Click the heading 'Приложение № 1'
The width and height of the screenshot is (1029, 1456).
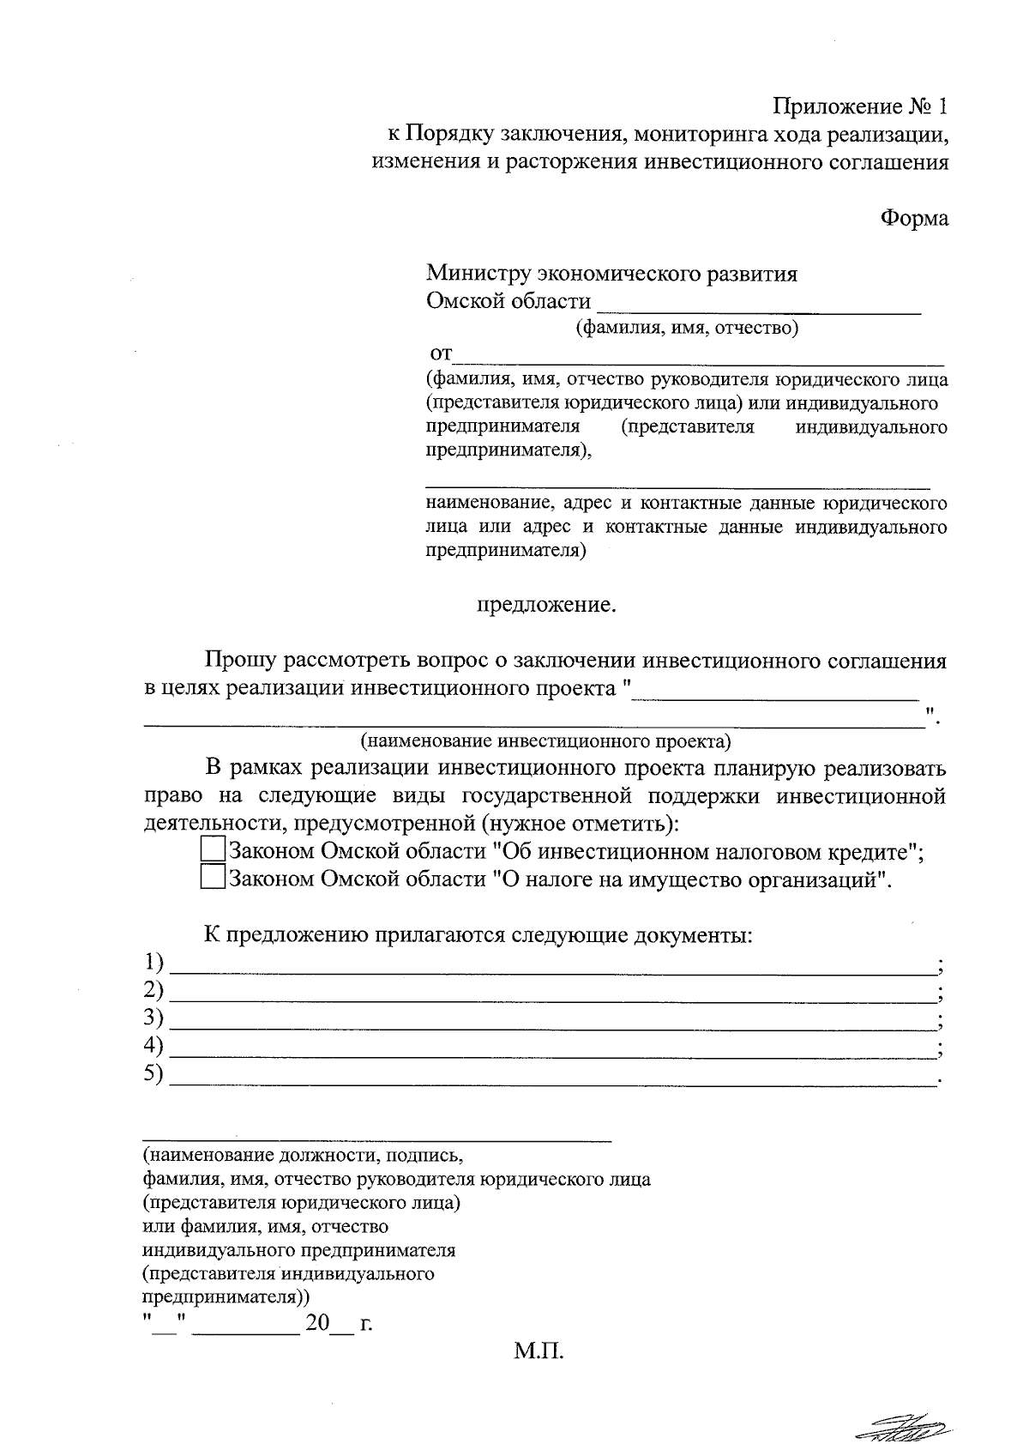[861, 107]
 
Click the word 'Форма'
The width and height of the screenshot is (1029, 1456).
[915, 218]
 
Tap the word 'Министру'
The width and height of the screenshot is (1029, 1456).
[478, 274]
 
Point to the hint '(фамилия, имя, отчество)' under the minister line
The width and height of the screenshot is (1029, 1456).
[686, 328]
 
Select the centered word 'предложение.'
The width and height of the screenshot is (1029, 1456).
[546, 605]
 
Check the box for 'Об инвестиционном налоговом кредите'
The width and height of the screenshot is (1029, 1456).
[212, 850]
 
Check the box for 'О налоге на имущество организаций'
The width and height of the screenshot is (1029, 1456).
[212, 878]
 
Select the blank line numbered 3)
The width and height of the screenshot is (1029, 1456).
[553, 1026]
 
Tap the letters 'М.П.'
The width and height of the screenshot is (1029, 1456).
[539, 1353]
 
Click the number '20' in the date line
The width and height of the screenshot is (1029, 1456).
[316, 1324]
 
